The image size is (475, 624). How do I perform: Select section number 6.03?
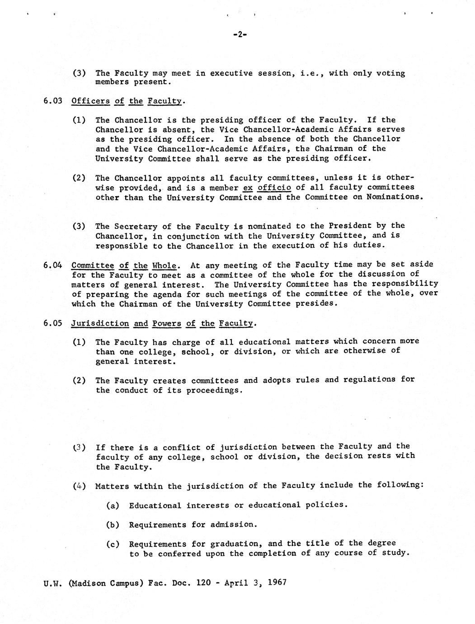pos(52,101)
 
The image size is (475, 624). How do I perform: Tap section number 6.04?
pos(52,265)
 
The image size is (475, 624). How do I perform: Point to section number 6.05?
pos(52,323)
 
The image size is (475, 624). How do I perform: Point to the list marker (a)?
pos(113,505)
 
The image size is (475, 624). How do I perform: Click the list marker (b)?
pos(113,525)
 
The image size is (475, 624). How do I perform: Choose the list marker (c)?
pos(113,544)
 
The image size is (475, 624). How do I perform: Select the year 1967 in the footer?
pos(277,582)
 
